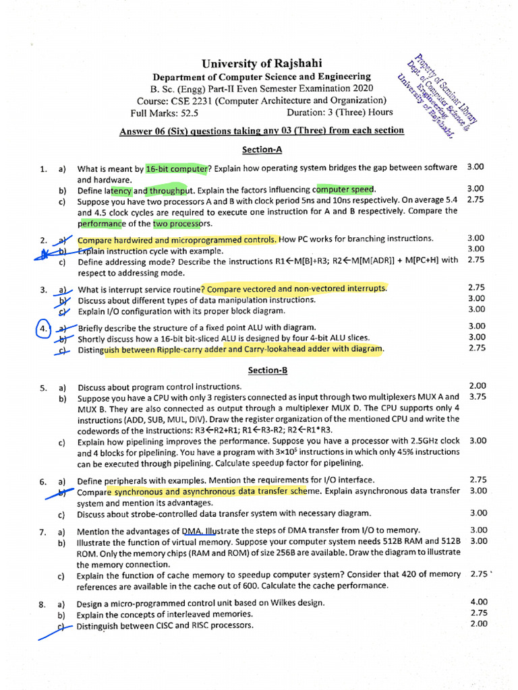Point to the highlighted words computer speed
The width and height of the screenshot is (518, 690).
click(346, 190)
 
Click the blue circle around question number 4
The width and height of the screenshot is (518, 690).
click(42, 328)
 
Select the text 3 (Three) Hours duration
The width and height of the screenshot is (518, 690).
click(360, 113)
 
